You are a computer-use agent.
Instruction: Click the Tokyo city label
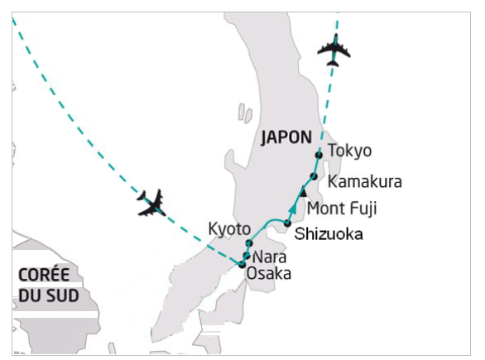click(x=349, y=151)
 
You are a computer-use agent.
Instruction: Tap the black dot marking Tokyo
click(x=319, y=155)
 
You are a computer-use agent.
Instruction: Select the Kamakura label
click(x=365, y=181)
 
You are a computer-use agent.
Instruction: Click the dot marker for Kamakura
click(x=314, y=176)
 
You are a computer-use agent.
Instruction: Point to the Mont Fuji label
click(x=342, y=209)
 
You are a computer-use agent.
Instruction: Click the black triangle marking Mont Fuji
click(x=303, y=192)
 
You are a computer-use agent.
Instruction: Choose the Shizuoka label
click(x=329, y=234)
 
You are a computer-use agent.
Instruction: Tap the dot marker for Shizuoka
click(x=287, y=223)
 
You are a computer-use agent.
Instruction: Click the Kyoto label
click(x=229, y=229)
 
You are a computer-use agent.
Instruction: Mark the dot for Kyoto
click(x=249, y=243)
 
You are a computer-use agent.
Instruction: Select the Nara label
click(x=270, y=257)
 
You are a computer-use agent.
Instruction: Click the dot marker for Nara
click(x=247, y=256)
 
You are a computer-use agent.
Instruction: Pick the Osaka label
click(x=268, y=274)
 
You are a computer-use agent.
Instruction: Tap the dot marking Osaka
click(x=242, y=265)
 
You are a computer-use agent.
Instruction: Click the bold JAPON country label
click(x=286, y=137)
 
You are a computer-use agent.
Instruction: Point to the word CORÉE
click(x=44, y=275)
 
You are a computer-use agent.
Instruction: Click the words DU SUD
click(x=49, y=295)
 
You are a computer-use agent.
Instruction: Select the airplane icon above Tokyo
click(x=334, y=50)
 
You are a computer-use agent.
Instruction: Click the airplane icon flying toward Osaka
click(x=151, y=204)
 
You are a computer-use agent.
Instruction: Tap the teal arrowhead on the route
click(x=292, y=209)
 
